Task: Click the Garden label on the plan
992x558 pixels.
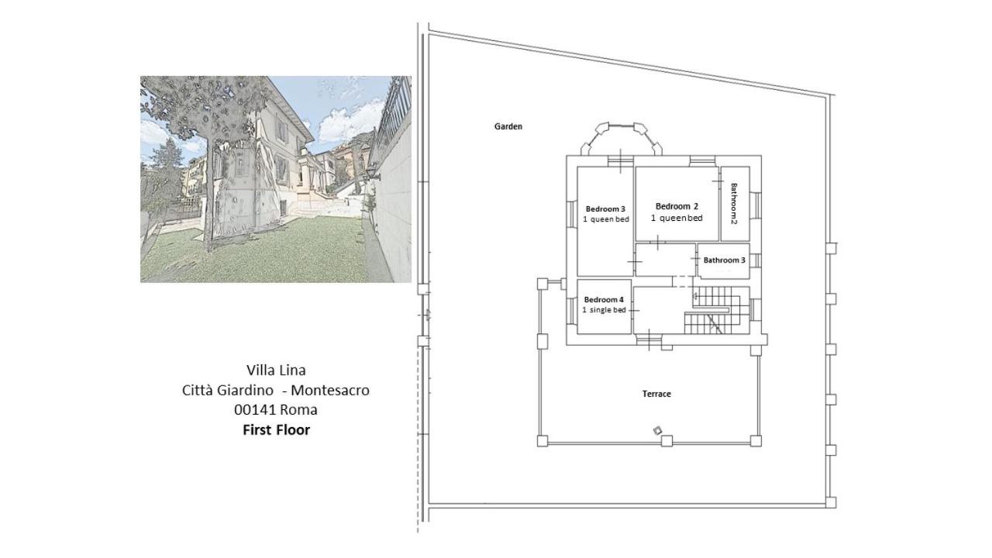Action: [x=508, y=126]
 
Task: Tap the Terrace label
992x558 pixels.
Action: [x=656, y=394]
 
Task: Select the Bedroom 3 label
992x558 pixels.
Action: [x=605, y=209]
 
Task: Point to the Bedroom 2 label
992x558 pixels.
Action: [x=677, y=206]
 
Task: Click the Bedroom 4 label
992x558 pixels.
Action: [x=604, y=300]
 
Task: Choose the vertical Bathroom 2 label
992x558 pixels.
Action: [x=734, y=204]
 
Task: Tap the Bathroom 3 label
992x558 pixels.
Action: [x=724, y=260]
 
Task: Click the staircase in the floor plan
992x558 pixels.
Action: [x=717, y=310]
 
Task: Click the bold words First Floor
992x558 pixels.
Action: [x=277, y=429]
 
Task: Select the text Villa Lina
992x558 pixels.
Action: [x=276, y=370]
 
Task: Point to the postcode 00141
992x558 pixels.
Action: [x=255, y=410]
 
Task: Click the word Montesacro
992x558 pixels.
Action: [x=330, y=390]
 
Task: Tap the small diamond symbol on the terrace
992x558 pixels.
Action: [x=658, y=430]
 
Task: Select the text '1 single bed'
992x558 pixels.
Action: [x=604, y=310]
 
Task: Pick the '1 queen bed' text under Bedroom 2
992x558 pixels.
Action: [x=677, y=218]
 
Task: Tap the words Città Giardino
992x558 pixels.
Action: [x=227, y=390]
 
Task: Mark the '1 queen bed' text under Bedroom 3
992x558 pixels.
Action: [x=606, y=219]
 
